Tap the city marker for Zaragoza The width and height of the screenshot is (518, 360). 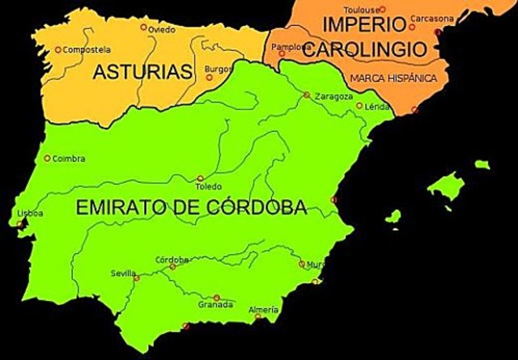coord(307,95)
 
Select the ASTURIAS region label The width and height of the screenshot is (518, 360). coord(142,72)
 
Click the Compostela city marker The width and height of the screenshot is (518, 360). coord(58,49)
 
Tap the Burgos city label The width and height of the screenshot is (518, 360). coord(219,69)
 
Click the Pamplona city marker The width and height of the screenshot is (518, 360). coord(284,55)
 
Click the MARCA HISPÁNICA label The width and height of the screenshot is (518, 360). coord(393,78)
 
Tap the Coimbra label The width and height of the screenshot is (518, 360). coord(69,159)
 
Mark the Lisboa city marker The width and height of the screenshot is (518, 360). coord(20,223)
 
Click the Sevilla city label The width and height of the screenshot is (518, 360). coord(123,273)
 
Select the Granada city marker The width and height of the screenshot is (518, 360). coord(216,297)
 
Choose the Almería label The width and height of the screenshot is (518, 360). coord(264,310)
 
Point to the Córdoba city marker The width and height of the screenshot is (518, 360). coord(172,266)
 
